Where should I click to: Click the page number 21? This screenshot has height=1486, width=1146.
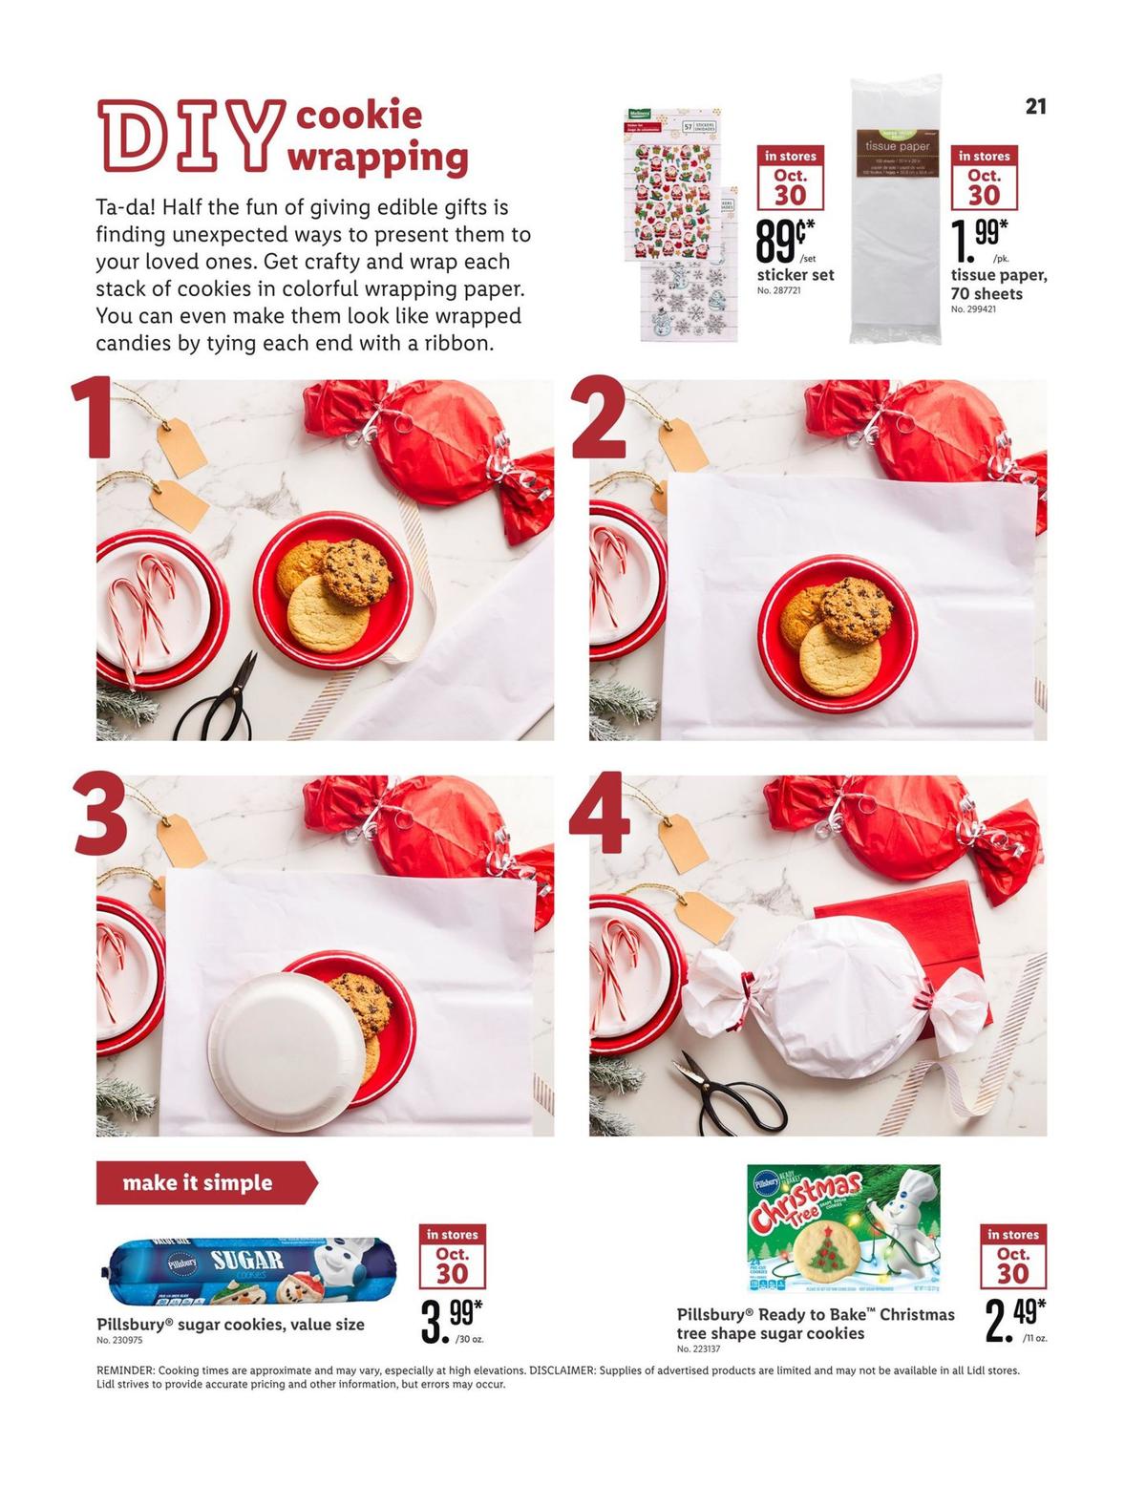click(x=1035, y=106)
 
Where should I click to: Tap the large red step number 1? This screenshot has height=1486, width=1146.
click(x=95, y=419)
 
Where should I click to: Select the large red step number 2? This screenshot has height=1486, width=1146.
click(x=598, y=419)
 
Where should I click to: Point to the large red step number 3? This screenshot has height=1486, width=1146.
click(x=100, y=815)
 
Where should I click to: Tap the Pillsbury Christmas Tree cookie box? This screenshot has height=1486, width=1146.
click(x=843, y=1226)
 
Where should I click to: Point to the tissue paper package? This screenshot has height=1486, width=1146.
click(x=895, y=210)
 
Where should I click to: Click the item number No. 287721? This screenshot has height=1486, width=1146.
click(x=778, y=290)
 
